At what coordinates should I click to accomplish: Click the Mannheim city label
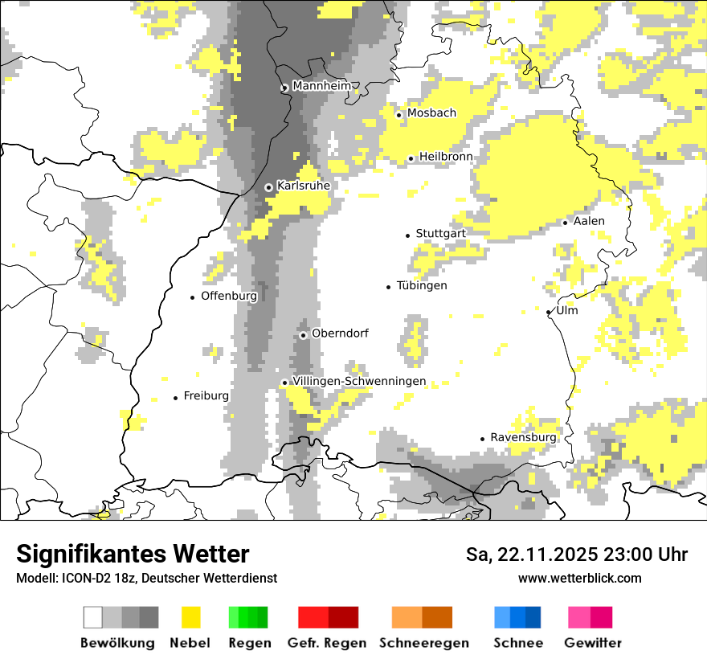tap(321, 86)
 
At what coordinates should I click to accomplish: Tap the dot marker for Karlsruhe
tap(269, 187)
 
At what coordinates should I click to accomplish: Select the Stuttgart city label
tap(440, 234)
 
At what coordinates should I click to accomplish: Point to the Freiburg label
tap(206, 396)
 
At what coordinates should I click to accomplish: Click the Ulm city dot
tap(549, 312)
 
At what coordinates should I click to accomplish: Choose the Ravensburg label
tap(523, 437)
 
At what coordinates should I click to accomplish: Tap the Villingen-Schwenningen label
tap(359, 382)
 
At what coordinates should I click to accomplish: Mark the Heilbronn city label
tap(446, 157)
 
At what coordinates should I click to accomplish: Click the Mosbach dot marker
tap(398, 115)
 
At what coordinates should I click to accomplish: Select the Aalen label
tap(589, 221)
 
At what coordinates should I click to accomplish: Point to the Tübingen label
tap(422, 285)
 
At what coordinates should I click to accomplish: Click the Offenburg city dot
tap(193, 297)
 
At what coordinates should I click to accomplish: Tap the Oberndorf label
tap(340, 333)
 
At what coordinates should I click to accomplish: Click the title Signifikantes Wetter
tap(133, 554)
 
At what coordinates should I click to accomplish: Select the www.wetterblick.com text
tap(579, 578)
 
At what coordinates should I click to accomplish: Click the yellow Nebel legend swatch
tap(191, 617)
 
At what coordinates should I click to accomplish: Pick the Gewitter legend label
tap(592, 643)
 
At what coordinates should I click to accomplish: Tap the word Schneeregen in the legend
tap(424, 643)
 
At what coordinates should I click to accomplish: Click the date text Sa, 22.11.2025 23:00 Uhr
tap(576, 554)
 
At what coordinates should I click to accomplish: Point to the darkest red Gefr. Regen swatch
tap(343, 617)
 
